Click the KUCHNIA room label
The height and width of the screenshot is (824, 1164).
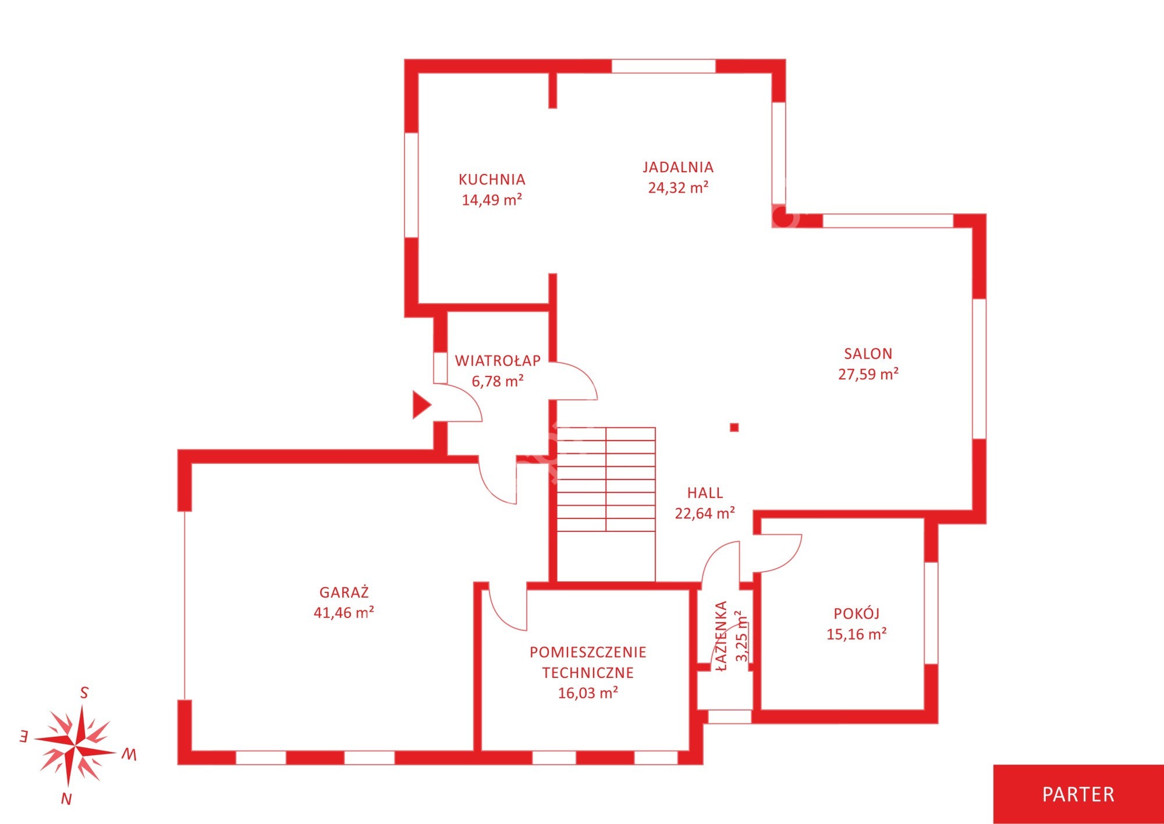[492, 179]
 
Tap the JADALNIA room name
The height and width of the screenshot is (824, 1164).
[678, 167]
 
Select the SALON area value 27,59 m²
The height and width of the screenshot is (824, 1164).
[868, 374]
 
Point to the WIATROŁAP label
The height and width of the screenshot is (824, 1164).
[498, 361]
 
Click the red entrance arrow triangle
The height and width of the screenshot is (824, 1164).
[421, 405]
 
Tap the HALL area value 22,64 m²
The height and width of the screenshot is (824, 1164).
[705, 513]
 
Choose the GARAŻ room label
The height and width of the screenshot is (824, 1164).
[344, 592]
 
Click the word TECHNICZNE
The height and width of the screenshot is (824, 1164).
[588, 673]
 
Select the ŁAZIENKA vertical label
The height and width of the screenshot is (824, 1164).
[722, 636]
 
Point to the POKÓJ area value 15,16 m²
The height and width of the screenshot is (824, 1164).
[857, 634]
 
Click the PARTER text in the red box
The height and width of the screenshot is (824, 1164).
[1078, 794]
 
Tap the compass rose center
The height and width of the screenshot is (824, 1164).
[76, 745]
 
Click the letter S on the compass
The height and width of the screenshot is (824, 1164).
[84, 693]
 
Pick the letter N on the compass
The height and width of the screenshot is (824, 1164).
[66, 800]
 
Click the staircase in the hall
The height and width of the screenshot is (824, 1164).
[606, 480]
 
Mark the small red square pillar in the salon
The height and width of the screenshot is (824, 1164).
[734, 428]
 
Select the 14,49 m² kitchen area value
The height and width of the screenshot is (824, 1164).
[492, 200]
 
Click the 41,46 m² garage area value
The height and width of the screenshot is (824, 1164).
[344, 612]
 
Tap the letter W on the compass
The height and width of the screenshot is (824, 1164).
[129, 755]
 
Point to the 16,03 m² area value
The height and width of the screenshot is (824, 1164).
[588, 693]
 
